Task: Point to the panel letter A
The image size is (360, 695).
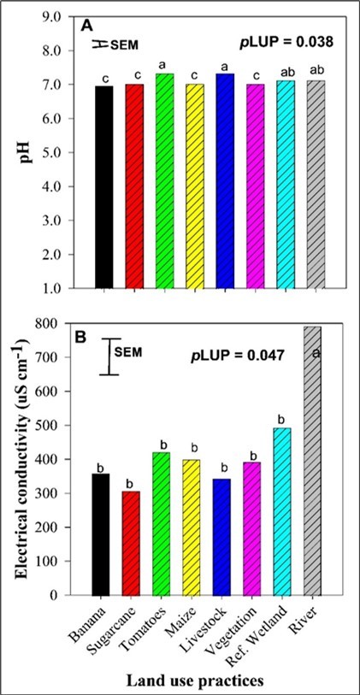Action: (87, 27)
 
